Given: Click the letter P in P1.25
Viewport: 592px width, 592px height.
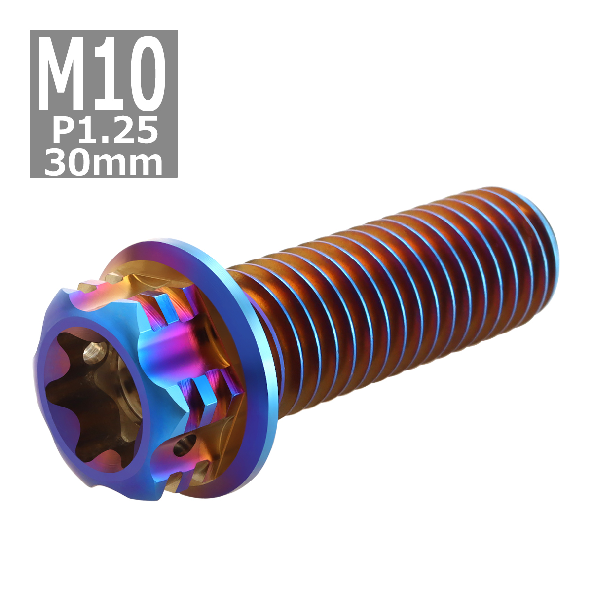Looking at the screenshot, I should click(x=63, y=130).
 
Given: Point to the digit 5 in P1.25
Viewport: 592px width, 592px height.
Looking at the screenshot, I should click(x=147, y=130).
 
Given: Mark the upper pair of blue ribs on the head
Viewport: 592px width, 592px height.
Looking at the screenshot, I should click(x=170, y=306).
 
